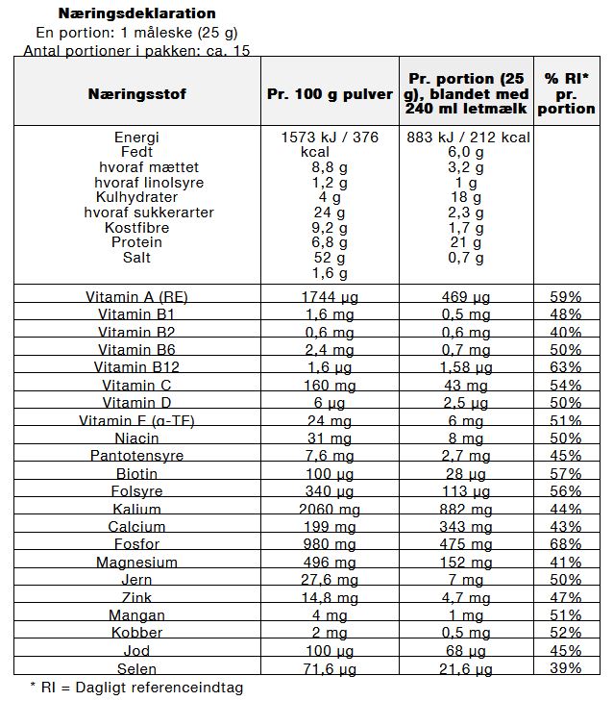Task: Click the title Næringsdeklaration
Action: (136, 13)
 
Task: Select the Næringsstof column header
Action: (137, 94)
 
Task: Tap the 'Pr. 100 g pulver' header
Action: (330, 94)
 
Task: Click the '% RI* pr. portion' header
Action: (566, 93)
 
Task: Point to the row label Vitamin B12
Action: (136, 367)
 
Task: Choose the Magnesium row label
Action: (136, 562)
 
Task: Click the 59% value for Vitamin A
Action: (566, 297)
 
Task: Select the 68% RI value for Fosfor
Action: (566, 544)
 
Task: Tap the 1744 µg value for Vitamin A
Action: (330, 297)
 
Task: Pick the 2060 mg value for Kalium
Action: (330, 510)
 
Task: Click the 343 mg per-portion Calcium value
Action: (466, 527)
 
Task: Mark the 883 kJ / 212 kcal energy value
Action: (468, 138)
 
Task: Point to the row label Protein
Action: (136, 242)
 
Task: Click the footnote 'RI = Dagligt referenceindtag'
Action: (142, 688)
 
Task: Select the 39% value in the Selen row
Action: (566, 668)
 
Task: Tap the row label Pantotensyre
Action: (136, 456)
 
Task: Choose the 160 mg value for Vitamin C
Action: (330, 386)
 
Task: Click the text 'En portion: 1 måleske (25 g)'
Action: (136, 33)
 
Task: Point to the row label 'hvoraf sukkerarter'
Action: (149, 213)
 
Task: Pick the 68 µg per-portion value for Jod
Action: (466, 651)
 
